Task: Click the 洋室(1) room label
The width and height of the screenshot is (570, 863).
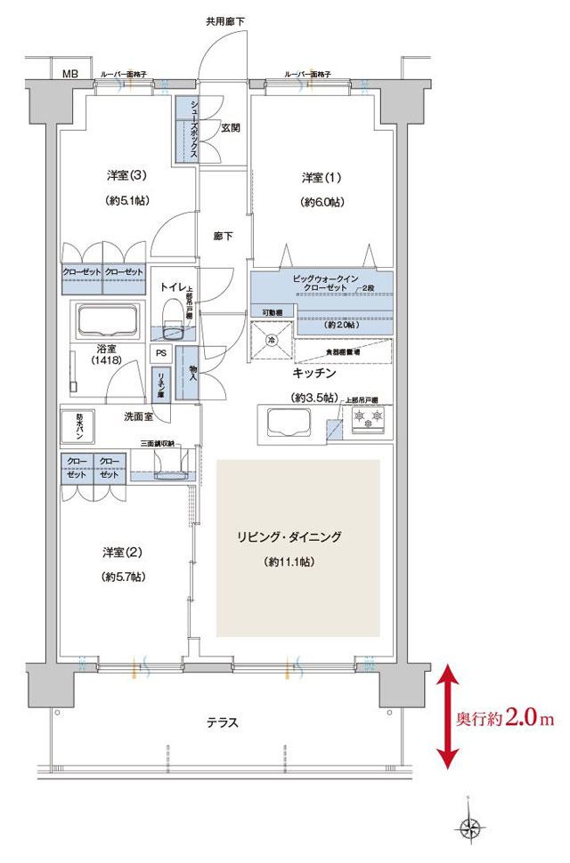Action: point(318,178)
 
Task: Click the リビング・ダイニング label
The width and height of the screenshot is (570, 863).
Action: point(301,537)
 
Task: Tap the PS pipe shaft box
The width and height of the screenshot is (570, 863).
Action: point(160,352)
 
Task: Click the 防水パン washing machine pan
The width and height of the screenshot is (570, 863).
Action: point(78,424)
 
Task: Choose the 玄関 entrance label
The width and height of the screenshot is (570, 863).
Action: point(231,128)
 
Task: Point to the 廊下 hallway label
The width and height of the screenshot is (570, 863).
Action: point(224,237)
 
